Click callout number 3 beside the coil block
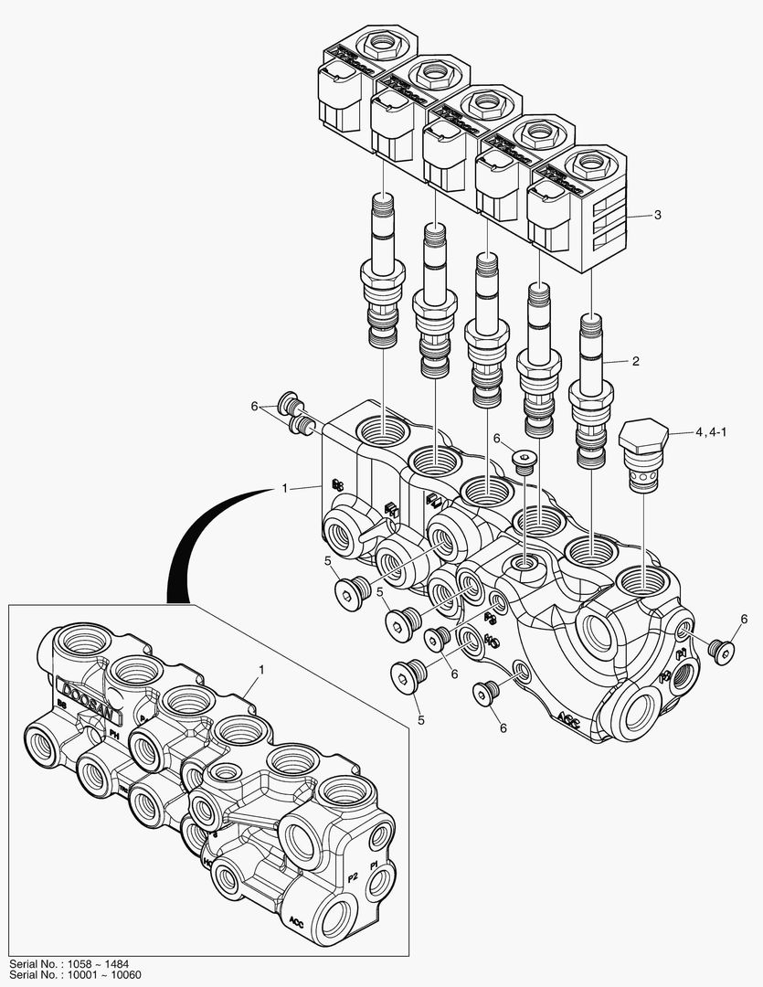(x=656, y=216)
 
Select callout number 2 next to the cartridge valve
(x=635, y=361)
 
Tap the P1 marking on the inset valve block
(x=373, y=864)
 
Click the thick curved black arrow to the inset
(x=196, y=539)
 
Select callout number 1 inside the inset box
(x=260, y=670)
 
